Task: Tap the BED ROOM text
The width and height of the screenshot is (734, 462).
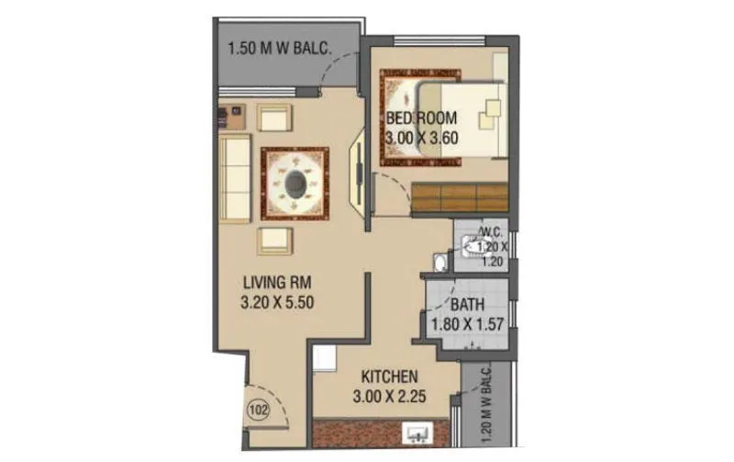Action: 420,118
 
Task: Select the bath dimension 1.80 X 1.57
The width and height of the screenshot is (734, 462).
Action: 466,322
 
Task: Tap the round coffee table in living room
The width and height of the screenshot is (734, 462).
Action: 295,184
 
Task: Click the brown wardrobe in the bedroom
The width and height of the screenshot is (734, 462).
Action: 459,197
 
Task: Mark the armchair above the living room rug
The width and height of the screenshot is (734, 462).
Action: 274,118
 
